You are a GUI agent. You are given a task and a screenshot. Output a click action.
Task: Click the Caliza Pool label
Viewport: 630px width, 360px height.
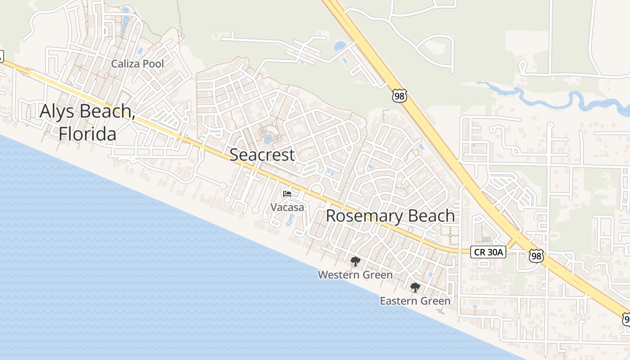tap(138, 64)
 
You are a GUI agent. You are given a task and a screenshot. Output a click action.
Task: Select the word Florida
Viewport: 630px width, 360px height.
tap(87, 134)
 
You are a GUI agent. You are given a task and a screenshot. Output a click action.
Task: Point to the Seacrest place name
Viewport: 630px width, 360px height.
tap(262, 155)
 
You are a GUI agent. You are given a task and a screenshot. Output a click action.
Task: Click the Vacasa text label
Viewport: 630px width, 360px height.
tap(287, 207)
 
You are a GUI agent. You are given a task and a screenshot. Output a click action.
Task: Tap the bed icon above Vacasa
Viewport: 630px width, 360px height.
tap(287, 194)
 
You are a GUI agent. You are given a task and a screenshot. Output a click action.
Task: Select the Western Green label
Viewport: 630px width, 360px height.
tap(355, 274)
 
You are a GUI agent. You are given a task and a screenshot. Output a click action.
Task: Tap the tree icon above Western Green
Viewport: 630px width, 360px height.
tap(355, 261)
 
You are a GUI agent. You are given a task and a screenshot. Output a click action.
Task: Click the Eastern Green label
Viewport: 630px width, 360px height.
tap(415, 301)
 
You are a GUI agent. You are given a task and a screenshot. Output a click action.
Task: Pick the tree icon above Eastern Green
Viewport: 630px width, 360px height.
tap(415, 288)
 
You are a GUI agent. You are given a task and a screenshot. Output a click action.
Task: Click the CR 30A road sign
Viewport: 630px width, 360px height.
tap(488, 252)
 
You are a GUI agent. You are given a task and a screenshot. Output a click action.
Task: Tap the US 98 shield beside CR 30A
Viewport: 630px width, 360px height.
tap(536, 256)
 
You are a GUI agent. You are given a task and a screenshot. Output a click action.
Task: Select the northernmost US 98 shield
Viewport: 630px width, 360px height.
tap(399, 95)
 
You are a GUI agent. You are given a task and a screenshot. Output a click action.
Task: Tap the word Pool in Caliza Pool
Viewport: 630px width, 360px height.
tap(153, 64)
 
